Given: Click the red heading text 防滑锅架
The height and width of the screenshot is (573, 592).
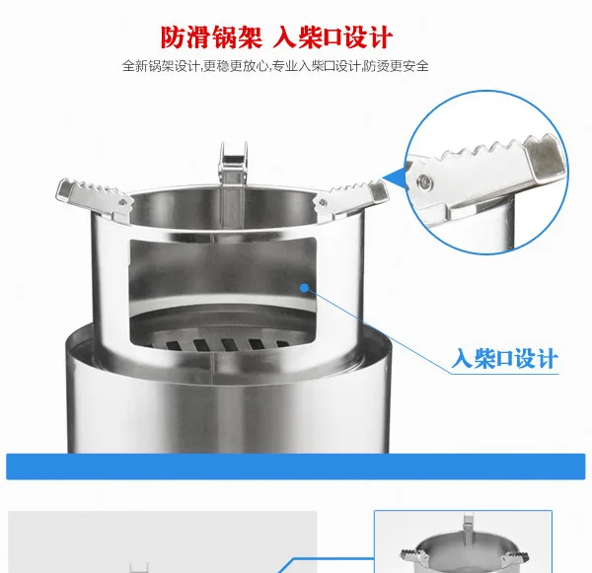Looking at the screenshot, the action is coord(211,37).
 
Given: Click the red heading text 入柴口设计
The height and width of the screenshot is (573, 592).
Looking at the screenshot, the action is coord(333,37).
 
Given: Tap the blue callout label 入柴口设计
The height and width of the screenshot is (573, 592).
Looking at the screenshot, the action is coord(505,358).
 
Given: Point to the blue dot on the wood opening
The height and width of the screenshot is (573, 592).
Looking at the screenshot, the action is coord(304,288).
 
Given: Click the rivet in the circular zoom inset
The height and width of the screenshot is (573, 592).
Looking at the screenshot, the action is coord(424,182).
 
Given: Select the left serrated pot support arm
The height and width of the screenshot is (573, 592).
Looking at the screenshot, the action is coord(94,199).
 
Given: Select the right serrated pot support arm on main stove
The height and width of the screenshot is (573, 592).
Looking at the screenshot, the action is coord(350,198).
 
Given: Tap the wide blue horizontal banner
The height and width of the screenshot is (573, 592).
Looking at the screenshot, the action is coord(296,466).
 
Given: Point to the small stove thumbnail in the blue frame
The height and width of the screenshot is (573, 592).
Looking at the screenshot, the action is coord(464,542).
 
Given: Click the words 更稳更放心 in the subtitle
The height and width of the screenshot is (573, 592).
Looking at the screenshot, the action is coord(236,66).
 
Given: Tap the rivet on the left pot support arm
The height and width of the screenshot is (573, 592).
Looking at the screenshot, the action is coord(121,203).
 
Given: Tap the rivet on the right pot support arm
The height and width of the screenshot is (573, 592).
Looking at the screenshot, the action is coord(322,203).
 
